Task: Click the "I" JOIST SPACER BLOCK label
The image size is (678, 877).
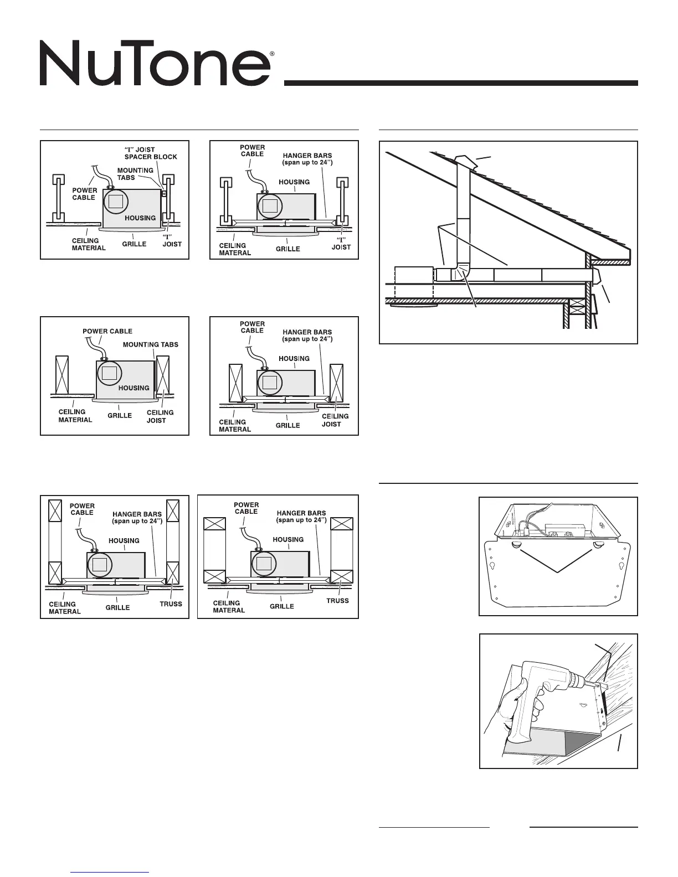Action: click(151, 153)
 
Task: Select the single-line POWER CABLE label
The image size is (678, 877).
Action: click(107, 331)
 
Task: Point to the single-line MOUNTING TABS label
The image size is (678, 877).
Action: click(151, 344)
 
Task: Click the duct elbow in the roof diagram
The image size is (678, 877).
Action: click(459, 274)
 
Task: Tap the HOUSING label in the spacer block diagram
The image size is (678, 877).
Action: click(140, 218)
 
